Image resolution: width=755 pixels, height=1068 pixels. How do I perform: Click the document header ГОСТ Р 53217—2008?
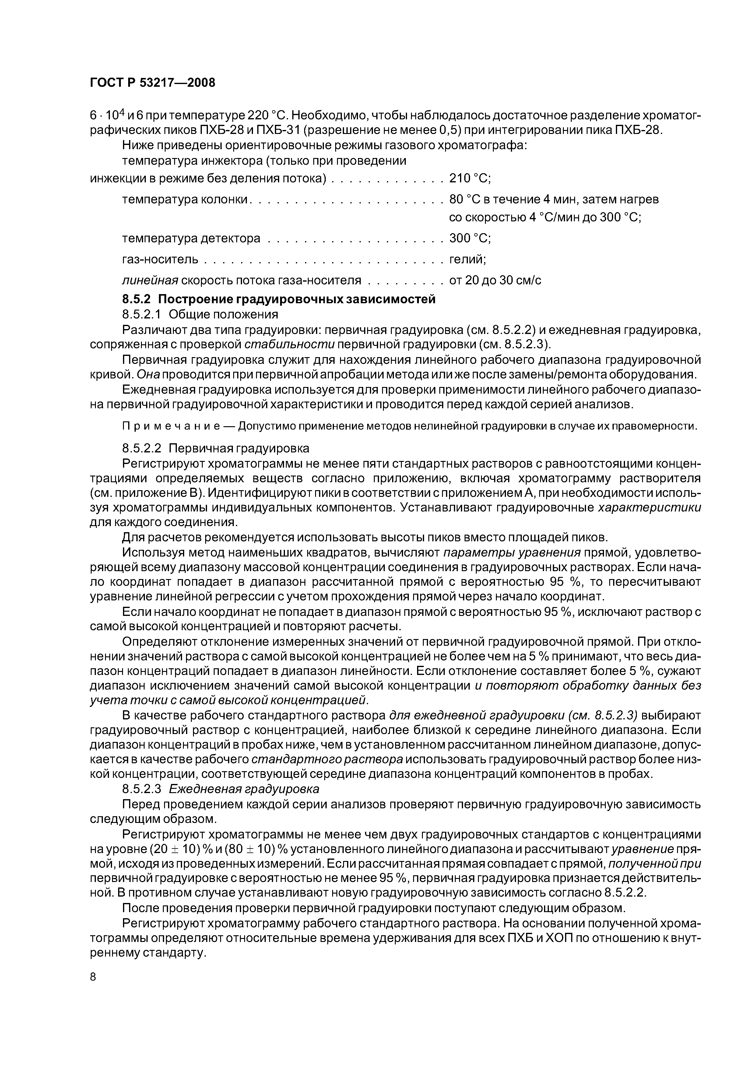click(x=153, y=83)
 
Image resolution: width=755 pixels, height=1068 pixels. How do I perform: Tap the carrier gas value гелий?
click(x=467, y=259)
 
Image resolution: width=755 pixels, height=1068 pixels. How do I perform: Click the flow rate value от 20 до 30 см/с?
click(x=495, y=280)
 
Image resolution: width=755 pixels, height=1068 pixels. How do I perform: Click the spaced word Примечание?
click(x=177, y=427)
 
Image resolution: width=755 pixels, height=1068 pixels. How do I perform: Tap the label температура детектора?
click(x=191, y=239)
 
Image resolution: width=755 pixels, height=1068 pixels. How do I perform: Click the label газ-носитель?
click(x=160, y=259)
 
